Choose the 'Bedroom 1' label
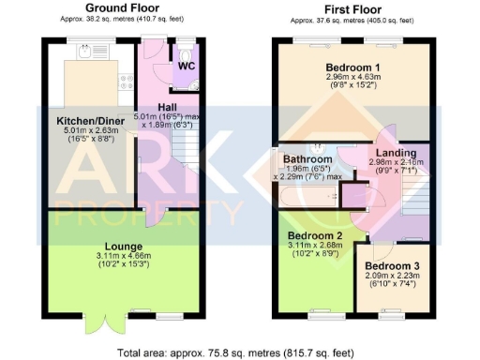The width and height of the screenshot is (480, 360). (352, 67)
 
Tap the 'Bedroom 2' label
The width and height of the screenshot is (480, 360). (313, 235)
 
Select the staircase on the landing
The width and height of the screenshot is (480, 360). (411, 192)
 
